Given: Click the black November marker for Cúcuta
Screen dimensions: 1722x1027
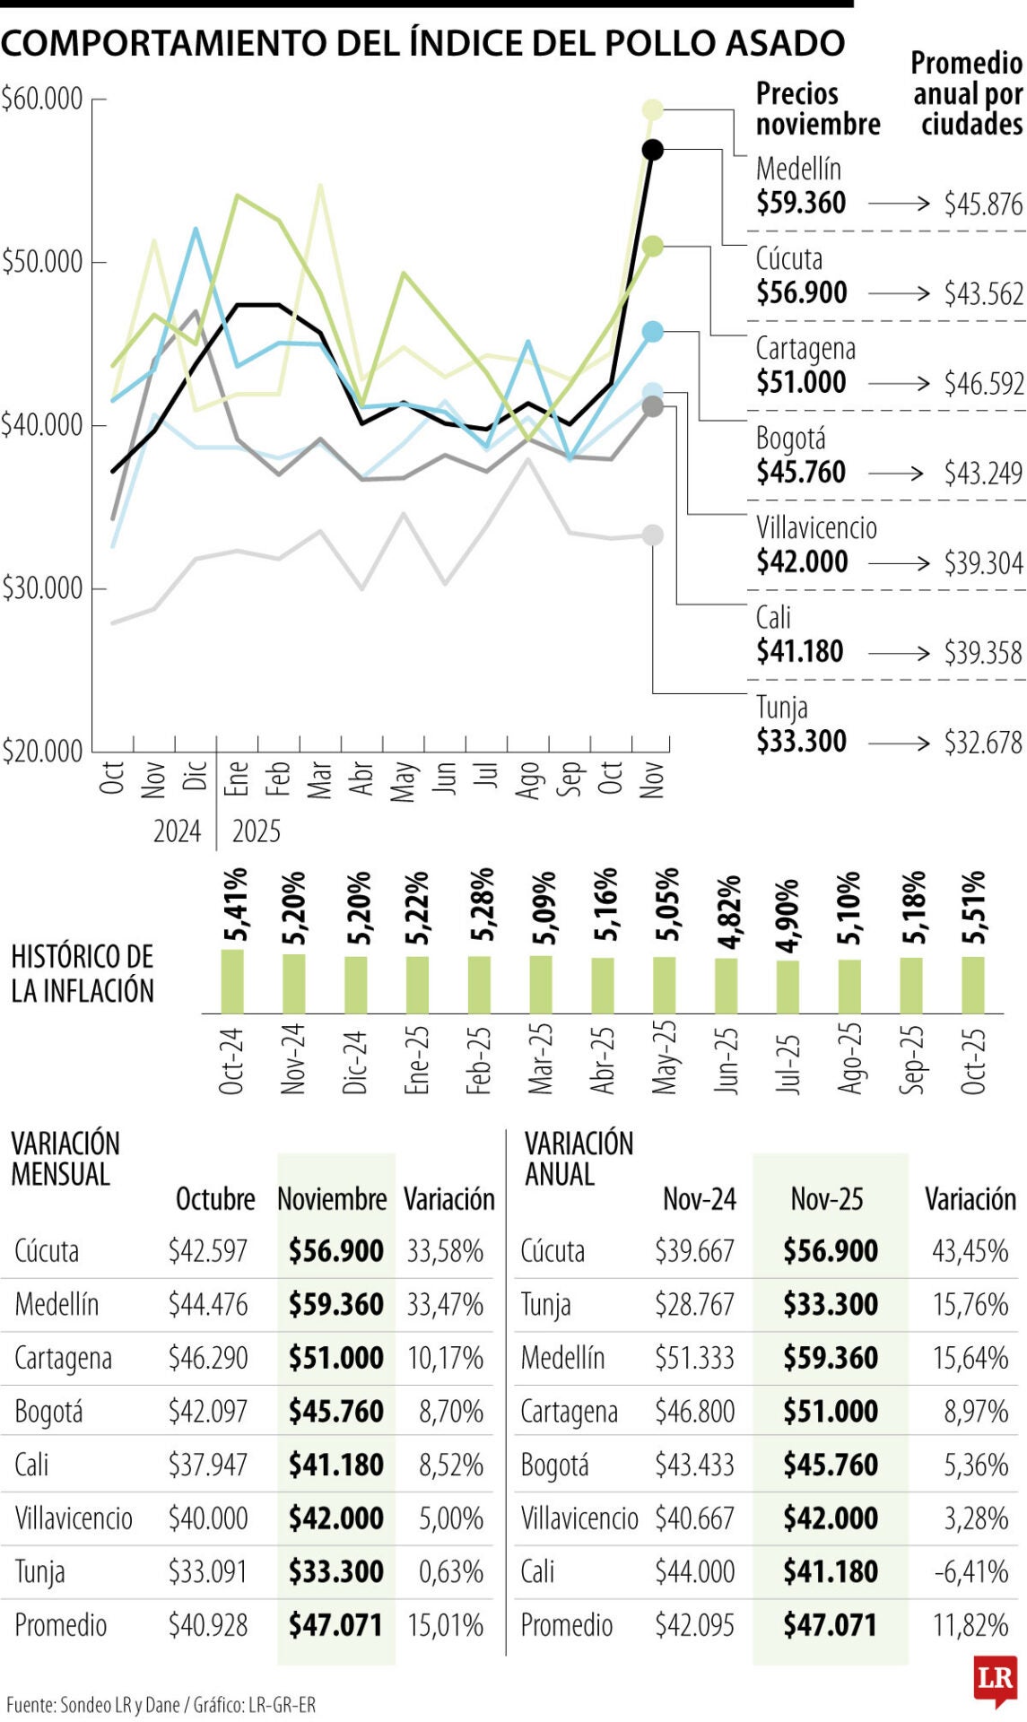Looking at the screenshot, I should [652, 150].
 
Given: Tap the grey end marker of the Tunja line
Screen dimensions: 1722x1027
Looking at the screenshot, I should [653, 535].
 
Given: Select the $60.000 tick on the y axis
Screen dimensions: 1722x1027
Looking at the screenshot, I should [42, 99].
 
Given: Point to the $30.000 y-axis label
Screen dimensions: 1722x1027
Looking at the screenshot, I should [42, 588].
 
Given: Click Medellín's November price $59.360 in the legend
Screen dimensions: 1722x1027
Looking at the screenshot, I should [800, 203].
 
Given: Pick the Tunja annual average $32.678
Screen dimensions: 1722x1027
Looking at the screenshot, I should [983, 743].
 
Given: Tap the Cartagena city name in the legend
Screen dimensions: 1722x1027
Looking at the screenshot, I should [805, 348].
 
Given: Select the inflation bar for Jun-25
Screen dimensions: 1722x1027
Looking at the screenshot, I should [726, 986].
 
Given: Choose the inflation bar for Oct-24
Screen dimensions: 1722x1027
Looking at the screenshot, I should [232, 981].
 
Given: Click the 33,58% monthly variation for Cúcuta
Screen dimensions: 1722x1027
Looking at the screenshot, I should [445, 1251].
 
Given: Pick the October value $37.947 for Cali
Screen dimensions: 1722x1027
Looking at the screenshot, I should [208, 1465].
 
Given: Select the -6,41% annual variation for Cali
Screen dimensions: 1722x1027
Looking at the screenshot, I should [971, 1572].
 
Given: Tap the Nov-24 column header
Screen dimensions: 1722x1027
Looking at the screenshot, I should [699, 1199].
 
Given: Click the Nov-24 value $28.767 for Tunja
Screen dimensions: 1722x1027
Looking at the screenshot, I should [694, 1305].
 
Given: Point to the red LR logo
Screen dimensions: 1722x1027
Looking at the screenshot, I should [995, 1680].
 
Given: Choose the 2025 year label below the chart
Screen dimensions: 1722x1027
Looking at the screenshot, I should [257, 832].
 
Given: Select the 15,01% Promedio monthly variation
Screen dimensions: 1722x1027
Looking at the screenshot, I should [445, 1626].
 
